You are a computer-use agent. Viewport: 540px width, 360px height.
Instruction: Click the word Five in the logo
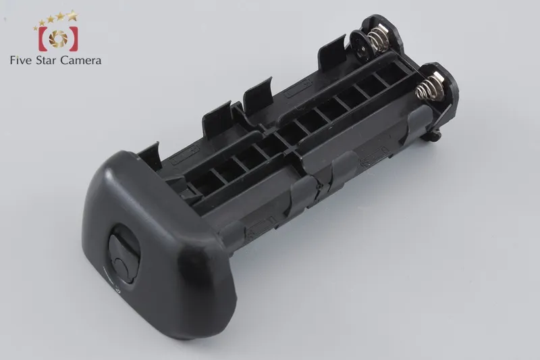click(x=22, y=61)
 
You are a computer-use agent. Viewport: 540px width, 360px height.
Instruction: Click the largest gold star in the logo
click(x=72, y=15)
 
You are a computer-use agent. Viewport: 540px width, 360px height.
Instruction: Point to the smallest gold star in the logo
click(x=36, y=28)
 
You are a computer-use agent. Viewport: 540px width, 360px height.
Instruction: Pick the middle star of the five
click(x=51, y=20)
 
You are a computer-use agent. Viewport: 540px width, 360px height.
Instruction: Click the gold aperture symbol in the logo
click(x=58, y=38)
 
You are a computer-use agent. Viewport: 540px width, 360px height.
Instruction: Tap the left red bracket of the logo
click(x=43, y=38)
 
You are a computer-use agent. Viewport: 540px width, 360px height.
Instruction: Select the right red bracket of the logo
click(x=73, y=38)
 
